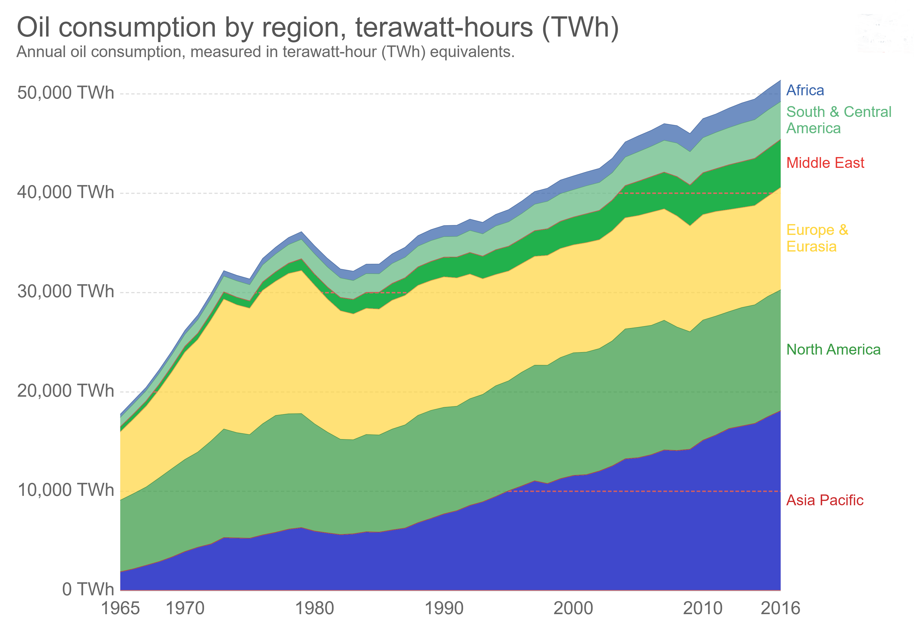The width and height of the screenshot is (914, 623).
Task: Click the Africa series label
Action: click(805, 90)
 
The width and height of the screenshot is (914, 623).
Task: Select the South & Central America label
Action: click(839, 120)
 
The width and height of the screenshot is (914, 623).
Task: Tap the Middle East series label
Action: click(825, 163)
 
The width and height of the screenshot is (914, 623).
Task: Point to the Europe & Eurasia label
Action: click(817, 238)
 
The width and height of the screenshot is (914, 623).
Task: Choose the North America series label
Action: click(833, 349)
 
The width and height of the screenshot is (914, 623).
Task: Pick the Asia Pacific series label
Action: click(824, 500)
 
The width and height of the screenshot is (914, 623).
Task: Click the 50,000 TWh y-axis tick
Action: click(65, 93)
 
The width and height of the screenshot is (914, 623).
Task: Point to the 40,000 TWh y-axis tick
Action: click(65, 192)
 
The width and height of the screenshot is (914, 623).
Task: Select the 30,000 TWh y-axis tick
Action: click(65, 292)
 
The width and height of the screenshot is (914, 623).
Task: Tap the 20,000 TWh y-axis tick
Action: click(65, 391)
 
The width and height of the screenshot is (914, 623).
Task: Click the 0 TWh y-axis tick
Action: click(88, 589)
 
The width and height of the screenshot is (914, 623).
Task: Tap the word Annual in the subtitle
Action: click(41, 52)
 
